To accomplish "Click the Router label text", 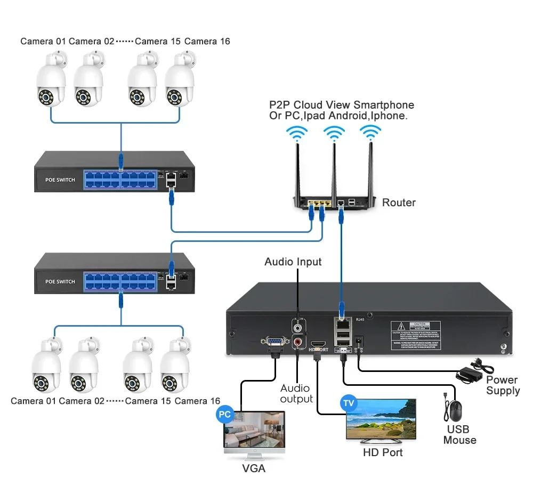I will pos(399,203).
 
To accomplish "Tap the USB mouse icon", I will pos(455,411).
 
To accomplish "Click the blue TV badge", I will pos(349,403).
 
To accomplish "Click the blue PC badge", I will pos(224,414).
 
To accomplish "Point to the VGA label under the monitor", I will pos(253,468).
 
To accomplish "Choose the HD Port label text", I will pos(383,452).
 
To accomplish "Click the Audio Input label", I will pos(293,262).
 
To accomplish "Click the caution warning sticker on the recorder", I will pos(416,334).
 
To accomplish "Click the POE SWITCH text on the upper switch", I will pos(60,180).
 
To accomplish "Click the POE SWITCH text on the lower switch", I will pos(60,281).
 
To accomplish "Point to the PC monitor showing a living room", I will pos(253,431).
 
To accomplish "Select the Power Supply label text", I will pos(502,385).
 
